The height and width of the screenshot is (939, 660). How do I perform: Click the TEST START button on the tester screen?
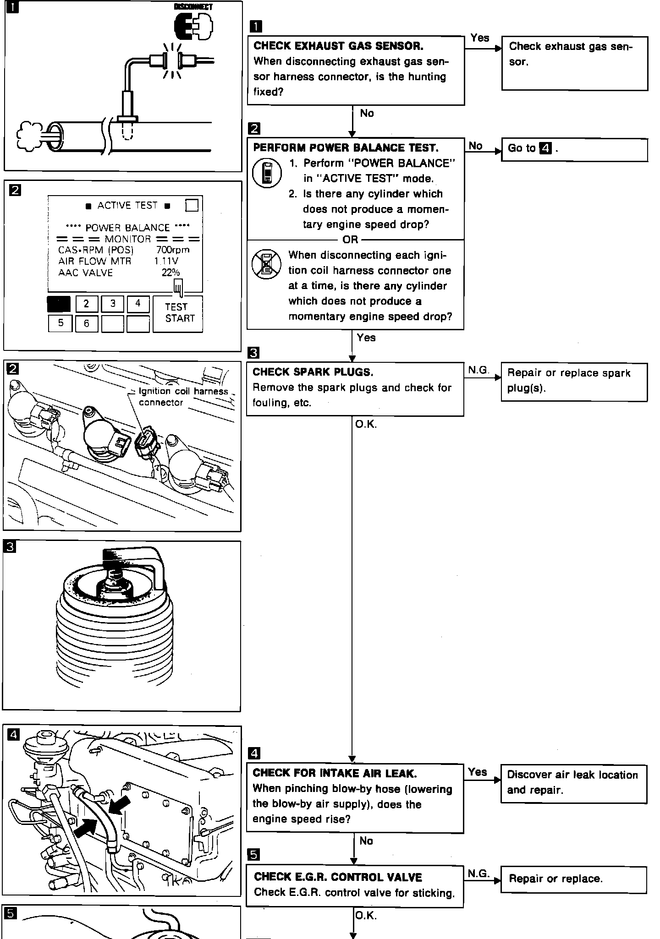point(177,314)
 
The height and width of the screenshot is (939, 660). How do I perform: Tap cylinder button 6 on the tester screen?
point(86,323)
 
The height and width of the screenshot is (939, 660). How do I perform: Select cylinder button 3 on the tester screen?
point(112,304)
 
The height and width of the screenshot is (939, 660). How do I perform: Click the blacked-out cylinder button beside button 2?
point(59,304)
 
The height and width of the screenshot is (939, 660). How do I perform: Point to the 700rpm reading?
point(172,250)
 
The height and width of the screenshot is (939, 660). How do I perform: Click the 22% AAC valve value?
point(170,273)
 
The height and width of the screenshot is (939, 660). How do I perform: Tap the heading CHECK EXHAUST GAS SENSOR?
point(338,46)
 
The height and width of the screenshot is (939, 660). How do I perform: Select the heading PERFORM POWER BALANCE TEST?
point(346,148)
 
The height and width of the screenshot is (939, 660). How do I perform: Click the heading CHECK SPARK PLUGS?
point(313,372)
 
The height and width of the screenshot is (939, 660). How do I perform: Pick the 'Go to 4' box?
point(574,149)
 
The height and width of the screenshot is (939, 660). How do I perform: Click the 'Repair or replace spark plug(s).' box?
point(574,382)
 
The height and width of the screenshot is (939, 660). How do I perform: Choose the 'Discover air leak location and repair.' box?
point(573,783)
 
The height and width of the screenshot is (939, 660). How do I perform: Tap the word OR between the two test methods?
point(351,240)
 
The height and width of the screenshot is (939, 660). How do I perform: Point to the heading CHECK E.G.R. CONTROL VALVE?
point(338,877)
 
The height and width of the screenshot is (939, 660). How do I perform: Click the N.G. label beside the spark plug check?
point(478,370)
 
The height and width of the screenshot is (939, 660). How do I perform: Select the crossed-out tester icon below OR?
point(266,264)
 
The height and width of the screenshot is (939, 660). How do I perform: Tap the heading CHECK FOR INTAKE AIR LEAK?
point(335,774)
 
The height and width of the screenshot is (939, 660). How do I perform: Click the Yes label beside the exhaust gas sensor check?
point(479,38)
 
